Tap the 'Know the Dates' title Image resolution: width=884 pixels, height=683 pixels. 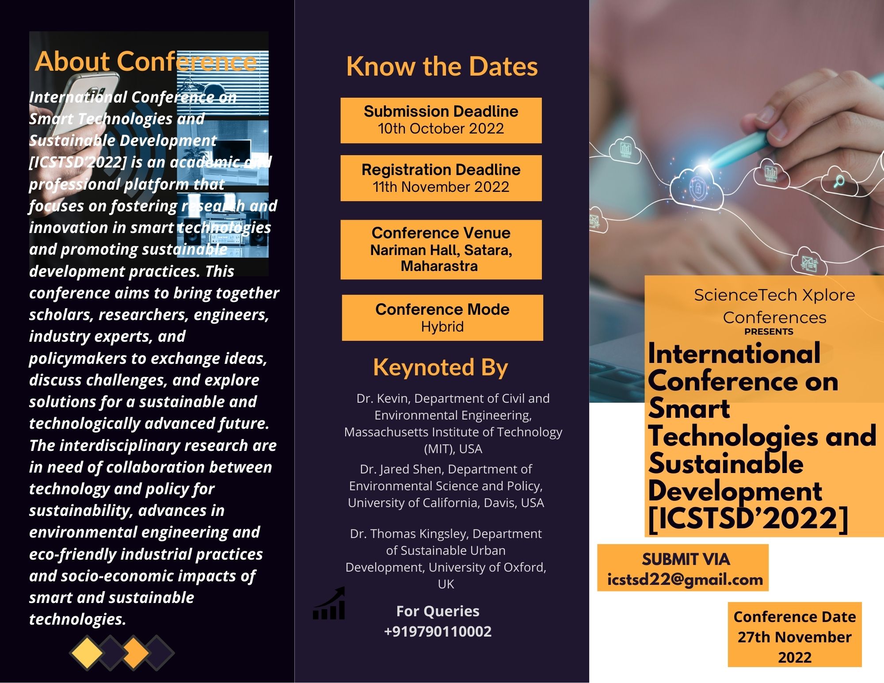pyautogui.click(x=442, y=66)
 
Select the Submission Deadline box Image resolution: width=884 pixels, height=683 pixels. pyautogui.click(x=441, y=120)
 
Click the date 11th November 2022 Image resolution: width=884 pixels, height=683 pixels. pyautogui.click(x=441, y=187)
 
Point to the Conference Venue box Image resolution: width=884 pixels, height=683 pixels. pyautogui.click(x=441, y=249)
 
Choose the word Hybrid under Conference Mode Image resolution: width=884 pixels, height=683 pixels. pyautogui.click(x=442, y=327)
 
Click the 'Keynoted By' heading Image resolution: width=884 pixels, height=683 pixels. pyautogui.click(x=441, y=367)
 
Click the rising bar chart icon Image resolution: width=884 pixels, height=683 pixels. pyautogui.click(x=329, y=603)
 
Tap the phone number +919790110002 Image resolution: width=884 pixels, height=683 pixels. pyautogui.click(x=438, y=631)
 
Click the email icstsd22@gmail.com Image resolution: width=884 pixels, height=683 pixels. pyautogui.click(x=685, y=579)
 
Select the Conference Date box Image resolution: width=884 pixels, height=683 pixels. pyautogui.click(x=795, y=634)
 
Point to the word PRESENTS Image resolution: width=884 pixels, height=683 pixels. pyautogui.click(x=769, y=332)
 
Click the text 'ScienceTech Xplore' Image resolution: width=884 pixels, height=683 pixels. pyautogui.click(x=774, y=295)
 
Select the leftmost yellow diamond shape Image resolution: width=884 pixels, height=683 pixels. pyautogui.click(x=87, y=652)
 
